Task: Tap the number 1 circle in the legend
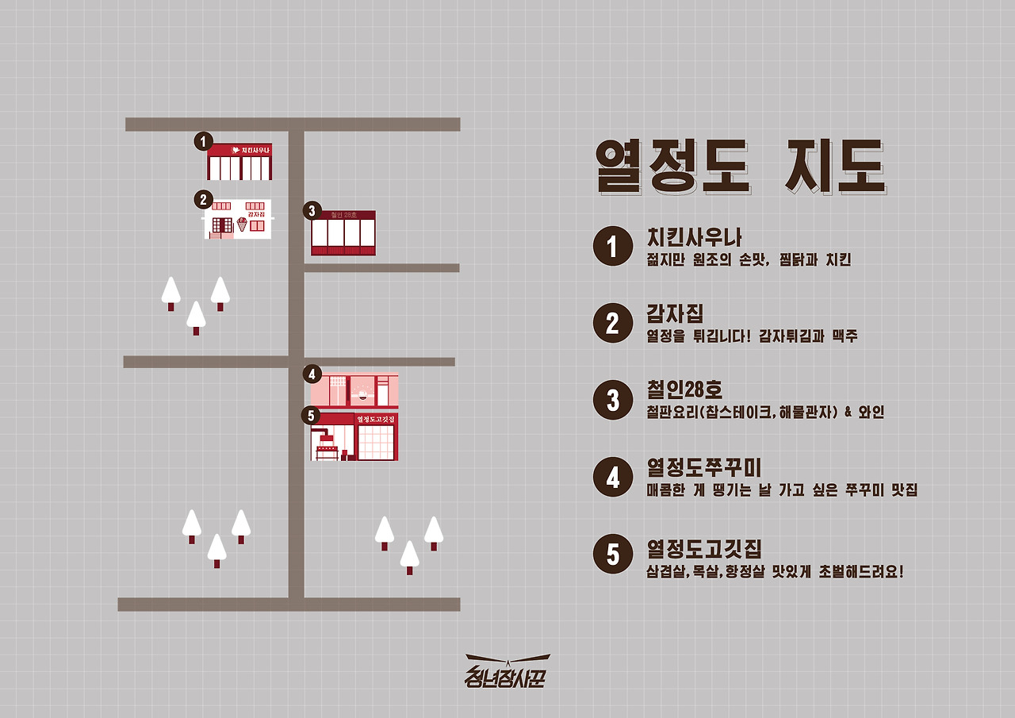pos(612,246)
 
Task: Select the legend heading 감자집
pos(676,314)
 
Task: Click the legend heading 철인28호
pos(685,390)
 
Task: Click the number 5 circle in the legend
pos(612,554)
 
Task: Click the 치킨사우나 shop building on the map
pos(239,162)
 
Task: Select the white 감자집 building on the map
pos(239,219)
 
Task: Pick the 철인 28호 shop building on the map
pos(343,233)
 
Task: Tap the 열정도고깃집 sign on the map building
pos(376,419)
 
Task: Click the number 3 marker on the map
pos(312,211)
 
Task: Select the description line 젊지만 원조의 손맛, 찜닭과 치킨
pos(749,260)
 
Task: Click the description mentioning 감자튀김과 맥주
pos(753,336)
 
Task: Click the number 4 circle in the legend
pos(612,478)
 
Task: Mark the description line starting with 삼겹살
pos(775,571)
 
